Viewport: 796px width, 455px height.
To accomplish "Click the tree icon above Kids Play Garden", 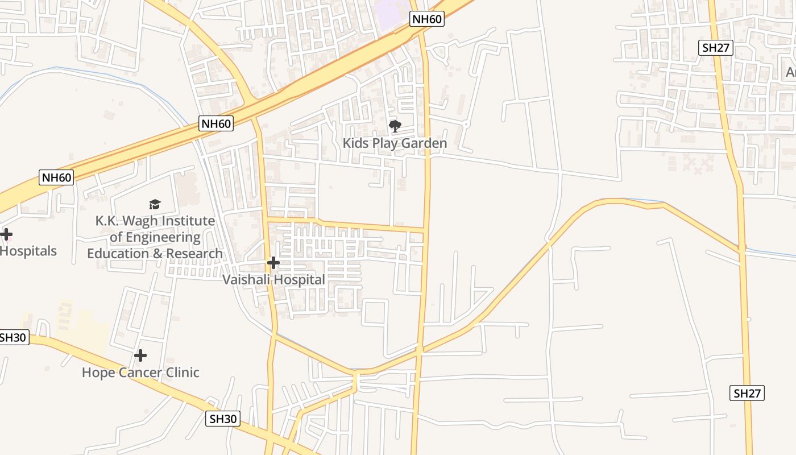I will tap(395, 126).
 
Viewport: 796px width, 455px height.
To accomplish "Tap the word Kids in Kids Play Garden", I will tap(355, 143).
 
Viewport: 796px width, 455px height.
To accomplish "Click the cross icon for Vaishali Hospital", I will tap(273, 263).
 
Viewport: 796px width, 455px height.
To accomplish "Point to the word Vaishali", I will tap(246, 280).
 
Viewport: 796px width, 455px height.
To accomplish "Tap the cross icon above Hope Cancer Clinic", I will tap(140, 356).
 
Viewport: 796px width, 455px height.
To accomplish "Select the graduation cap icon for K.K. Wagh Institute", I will tap(155, 204).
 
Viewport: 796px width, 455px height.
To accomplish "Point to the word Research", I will tap(194, 254).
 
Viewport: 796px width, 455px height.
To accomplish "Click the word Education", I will tap(118, 254).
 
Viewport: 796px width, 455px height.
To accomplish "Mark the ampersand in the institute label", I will tap(157, 254).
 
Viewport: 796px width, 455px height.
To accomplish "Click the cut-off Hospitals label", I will tap(28, 251).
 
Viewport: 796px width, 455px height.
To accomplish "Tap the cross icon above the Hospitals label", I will tap(6, 234).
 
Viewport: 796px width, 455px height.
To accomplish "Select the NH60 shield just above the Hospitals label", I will tap(57, 177).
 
